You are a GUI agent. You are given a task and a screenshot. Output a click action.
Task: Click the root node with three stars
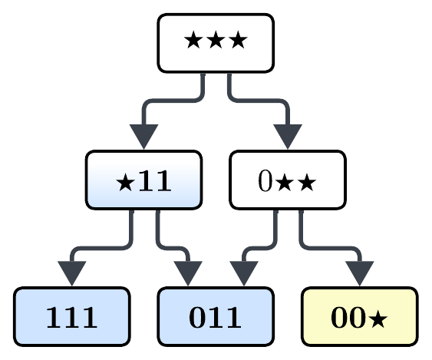[x=216, y=43]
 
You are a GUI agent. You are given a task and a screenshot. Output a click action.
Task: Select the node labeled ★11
[x=143, y=180]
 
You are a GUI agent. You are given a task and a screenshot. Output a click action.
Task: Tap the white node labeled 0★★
[x=288, y=180]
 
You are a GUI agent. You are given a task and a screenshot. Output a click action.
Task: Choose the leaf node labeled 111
[x=72, y=316]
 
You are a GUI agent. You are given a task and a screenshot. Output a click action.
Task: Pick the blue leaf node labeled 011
[x=216, y=316]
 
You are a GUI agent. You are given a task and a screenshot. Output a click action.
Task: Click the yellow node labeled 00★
[x=360, y=316]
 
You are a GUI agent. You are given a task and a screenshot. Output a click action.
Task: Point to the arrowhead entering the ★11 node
[x=143, y=136]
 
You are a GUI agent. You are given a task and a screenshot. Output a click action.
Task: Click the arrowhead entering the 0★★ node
[x=288, y=136]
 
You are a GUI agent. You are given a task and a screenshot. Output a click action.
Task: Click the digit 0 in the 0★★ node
[x=265, y=181]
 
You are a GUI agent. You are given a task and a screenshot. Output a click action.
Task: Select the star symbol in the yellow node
[x=379, y=318]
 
